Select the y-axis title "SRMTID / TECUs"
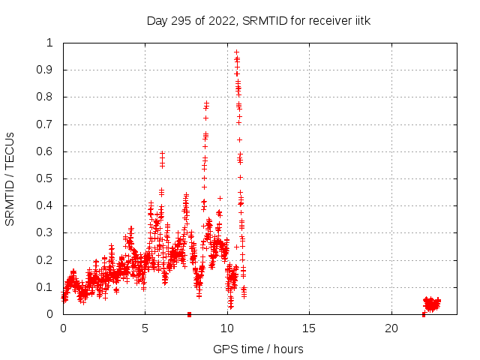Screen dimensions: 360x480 [10, 178]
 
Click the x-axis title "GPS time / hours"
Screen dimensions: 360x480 [258, 349]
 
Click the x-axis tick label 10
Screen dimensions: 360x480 [227, 328]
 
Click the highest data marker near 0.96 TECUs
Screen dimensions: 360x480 [236, 52]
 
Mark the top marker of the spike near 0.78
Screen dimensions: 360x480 [206, 103]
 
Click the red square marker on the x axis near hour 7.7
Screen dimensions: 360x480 [189, 314]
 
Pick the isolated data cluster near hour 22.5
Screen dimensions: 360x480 [431, 303]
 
